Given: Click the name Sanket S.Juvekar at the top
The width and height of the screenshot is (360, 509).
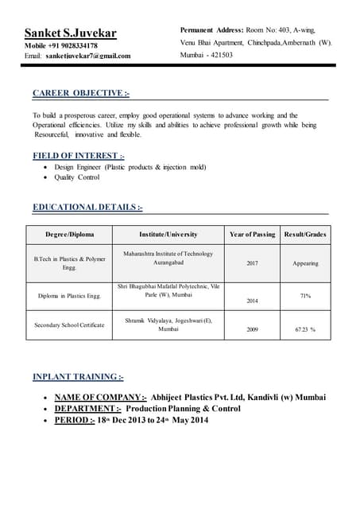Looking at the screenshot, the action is tap(70, 33).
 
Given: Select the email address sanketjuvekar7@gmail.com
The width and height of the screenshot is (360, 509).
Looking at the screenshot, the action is tap(87, 56).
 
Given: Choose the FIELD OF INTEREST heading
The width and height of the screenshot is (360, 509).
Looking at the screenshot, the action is tap(78, 156).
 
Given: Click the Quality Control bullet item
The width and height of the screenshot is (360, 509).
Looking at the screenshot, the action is tap(77, 177).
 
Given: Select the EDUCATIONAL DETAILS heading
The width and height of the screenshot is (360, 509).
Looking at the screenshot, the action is tap(87, 208).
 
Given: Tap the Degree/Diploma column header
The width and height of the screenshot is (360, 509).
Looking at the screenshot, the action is tap(69, 235).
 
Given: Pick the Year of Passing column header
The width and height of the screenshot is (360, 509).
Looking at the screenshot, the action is tap(252, 235).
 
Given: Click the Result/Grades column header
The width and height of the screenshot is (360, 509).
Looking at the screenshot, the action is tap(305, 235).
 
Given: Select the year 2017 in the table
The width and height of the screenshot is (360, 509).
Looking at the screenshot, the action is tap(252, 263).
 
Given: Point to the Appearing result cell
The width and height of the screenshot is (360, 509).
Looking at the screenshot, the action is tap(305, 263).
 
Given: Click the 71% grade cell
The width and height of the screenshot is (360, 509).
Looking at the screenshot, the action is tap(305, 296).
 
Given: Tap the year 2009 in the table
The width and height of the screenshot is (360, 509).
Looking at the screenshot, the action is tap(252, 328).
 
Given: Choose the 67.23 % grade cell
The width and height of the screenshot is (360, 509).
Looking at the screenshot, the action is tap(305, 328).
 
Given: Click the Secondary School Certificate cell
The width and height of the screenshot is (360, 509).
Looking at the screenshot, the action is tap(69, 325).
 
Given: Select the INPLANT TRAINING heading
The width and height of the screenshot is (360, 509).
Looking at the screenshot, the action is tap(78, 376).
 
